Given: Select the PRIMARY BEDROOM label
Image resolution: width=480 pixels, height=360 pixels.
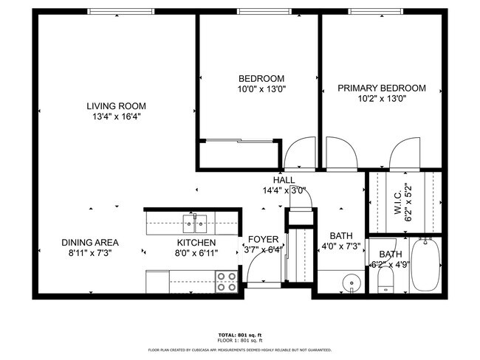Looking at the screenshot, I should (381, 88).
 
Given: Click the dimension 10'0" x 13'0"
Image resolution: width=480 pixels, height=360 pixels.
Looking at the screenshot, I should (261, 89).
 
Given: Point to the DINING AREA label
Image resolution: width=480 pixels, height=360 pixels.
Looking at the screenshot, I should (90, 242).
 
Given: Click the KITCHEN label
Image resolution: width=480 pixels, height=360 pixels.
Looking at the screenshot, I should (196, 242).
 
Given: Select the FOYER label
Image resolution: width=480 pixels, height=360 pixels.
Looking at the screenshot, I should (263, 240).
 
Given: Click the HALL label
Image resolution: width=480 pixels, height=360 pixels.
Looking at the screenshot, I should (284, 180).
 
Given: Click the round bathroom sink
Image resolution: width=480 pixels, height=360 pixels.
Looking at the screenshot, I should (352, 282).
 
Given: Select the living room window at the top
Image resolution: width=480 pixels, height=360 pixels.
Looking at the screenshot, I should (121, 11).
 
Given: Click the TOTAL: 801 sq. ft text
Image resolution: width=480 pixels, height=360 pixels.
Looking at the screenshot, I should (240, 334).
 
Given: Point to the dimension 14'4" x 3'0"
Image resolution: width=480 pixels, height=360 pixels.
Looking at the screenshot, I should (284, 190).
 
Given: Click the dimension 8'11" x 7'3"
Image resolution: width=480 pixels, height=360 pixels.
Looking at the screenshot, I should (90, 252).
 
